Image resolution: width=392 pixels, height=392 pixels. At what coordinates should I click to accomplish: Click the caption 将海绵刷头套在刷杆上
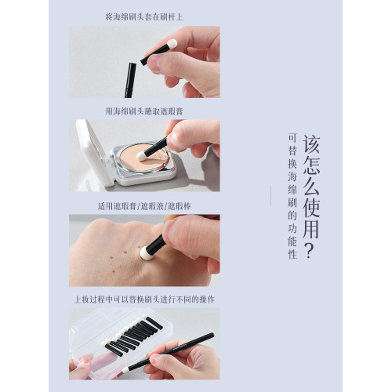click(x=144, y=16)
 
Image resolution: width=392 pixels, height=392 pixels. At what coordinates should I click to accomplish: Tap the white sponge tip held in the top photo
click(x=172, y=44)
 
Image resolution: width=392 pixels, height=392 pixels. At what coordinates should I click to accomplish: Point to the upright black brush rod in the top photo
click(x=130, y=79)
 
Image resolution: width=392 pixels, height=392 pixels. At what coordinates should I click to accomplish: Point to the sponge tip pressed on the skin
click(x=147, y=253)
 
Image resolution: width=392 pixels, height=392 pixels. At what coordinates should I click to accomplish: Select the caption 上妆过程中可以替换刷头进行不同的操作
click(x=144, y=299)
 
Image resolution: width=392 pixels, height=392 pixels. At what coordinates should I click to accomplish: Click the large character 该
click(x=312, y=144)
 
